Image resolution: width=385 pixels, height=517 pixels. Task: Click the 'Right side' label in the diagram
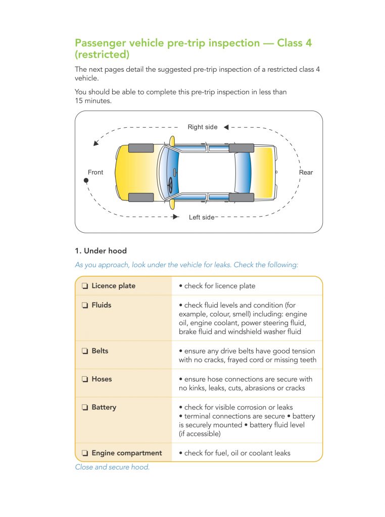coord(202,127)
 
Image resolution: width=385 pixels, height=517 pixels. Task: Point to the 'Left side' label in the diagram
coord(202,218)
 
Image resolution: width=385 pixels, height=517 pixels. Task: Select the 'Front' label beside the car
coord(95,173)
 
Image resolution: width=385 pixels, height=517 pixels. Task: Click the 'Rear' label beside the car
coord(306,173)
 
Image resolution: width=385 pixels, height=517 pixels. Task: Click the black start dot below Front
coord(86,180)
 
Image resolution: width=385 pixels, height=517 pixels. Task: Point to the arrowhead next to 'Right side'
coord(226,127)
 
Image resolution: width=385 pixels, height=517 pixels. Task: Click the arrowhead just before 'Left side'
coord(175,217)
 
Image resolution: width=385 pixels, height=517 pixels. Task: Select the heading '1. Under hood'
coord(101,251)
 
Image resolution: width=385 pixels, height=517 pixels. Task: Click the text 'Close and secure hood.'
coord(112,467)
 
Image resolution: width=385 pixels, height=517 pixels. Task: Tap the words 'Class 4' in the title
coord(295,43)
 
